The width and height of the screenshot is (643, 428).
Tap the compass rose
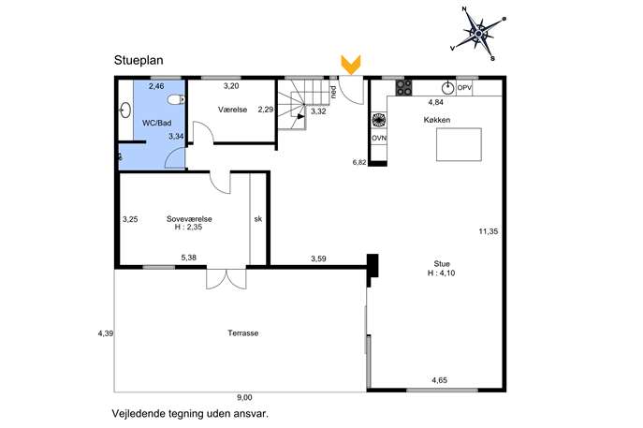coord(478,34)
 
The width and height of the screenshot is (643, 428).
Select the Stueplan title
coord(139,60)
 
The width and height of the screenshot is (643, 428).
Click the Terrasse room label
coord(243,333)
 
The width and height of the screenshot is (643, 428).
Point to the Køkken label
coord(437,120)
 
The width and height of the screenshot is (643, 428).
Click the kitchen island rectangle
coord(459,144)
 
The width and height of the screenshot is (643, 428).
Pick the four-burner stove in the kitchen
coord(403,87)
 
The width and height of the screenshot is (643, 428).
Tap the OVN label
coord(379,139)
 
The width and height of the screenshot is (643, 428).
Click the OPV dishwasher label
coord(464,87)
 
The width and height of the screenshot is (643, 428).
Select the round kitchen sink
coord(447,88)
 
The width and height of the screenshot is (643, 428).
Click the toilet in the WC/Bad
coord(177,99)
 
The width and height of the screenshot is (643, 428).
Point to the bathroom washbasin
coord(125,110)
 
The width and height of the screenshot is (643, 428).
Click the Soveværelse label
coord(189,219)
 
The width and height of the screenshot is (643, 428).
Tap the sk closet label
coord(258,219)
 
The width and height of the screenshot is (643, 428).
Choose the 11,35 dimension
coord(489,231)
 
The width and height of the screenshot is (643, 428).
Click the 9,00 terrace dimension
coord(244,397)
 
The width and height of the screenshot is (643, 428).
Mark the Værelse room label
coord(232,110)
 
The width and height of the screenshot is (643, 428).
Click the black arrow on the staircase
coord(301,116)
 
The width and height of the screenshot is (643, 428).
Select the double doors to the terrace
coord(227,279)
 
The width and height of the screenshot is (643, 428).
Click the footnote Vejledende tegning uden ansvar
coord(190,414)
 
